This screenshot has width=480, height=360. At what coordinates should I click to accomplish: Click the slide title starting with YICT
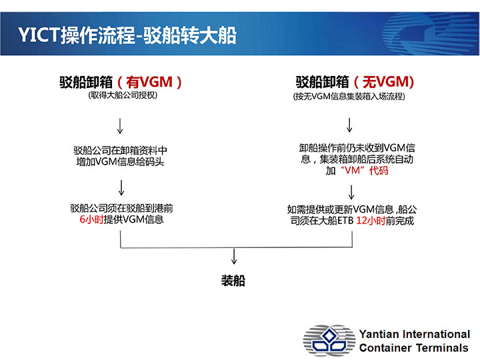(x=127, y=35)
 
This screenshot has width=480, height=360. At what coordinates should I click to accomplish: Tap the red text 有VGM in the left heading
(x=149, y=82)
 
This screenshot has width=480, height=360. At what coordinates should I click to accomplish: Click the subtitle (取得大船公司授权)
(x=123, y=95)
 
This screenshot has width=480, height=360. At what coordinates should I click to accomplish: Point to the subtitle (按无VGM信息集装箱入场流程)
(x=349, y=97)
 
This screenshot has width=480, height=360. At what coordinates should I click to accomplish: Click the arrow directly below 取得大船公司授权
(x=120, y=126)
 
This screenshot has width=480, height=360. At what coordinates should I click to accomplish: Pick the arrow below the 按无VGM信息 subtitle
(x=349, y=125)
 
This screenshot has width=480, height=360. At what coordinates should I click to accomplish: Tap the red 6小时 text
(x=91, y=219)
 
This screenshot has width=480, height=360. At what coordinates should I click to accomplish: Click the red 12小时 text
(x=371, y=221)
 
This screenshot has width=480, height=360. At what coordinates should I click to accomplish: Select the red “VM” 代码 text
(x=364, y=170)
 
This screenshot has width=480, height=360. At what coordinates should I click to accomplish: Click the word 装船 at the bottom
(x=233, y=281)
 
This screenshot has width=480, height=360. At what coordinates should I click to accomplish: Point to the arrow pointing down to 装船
(x=234, y=256)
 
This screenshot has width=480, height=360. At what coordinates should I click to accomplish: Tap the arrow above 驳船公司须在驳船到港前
(x=121, y=187)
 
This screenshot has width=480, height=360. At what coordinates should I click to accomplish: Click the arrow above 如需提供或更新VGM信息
(x=351, y=193)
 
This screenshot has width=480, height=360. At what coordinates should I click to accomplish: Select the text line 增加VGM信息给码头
(x=120, y=161)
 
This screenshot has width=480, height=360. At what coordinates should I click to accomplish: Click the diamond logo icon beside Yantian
(x=329, y=340)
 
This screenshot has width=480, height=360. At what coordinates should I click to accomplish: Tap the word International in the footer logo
(x=436, y=334)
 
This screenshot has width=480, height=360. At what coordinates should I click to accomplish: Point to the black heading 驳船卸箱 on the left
(x=86, y=82)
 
